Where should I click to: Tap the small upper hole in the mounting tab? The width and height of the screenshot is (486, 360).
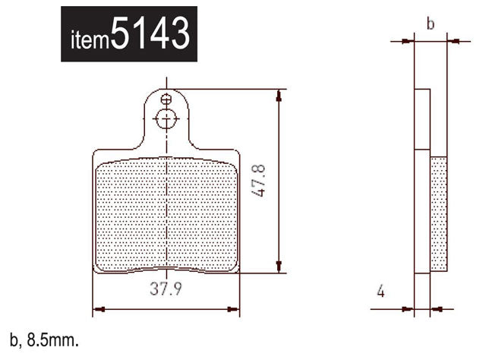[x=166, y=98]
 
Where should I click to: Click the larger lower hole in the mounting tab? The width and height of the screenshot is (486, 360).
[x=166, y=118]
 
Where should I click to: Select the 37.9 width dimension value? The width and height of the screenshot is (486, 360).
[x=165, y=289]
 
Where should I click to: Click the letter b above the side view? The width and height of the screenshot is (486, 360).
[x=430, y=24]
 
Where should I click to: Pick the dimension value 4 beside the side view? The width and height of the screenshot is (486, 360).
[x=380, y=291]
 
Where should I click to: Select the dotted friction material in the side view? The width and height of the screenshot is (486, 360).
[x=440, y=213]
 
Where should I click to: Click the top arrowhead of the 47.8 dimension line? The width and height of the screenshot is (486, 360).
[x=281, y=94]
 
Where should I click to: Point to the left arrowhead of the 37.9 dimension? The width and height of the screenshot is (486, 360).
[x=97, y=309]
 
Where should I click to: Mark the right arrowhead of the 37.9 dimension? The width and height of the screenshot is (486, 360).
[x=235, y=309]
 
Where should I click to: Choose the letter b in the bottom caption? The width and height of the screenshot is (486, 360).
[x=12, y=342]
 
